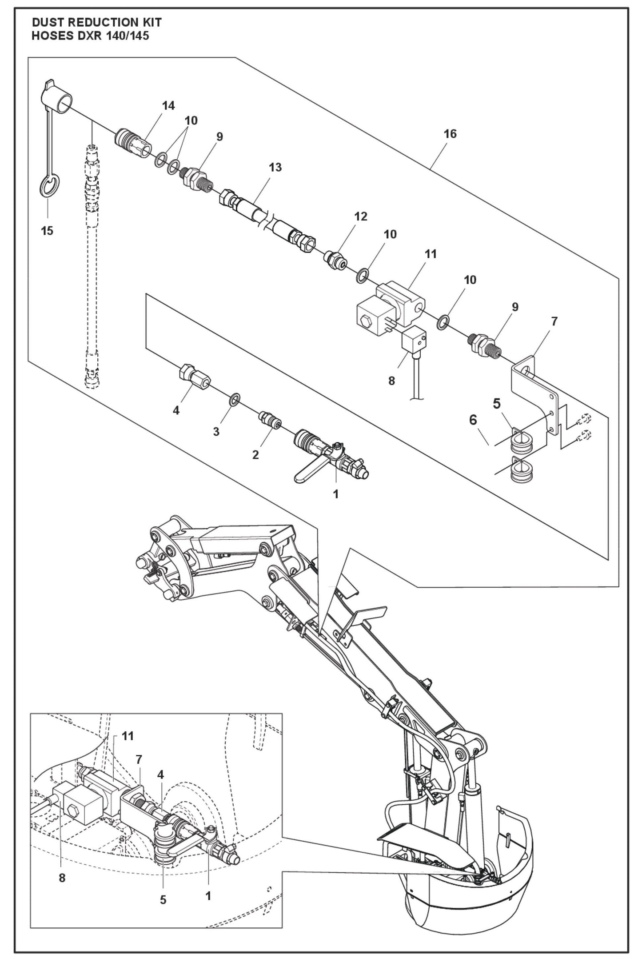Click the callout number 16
coord(450,134)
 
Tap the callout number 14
coord(168,106)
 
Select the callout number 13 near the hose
coord(275,168)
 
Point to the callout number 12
coord(361,217)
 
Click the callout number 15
coord(47,231)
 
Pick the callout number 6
coord(473,419)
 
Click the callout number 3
coord(216,432)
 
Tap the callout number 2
coord(255,455)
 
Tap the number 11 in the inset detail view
coord(128,736)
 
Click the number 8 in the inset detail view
coord(62,878)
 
